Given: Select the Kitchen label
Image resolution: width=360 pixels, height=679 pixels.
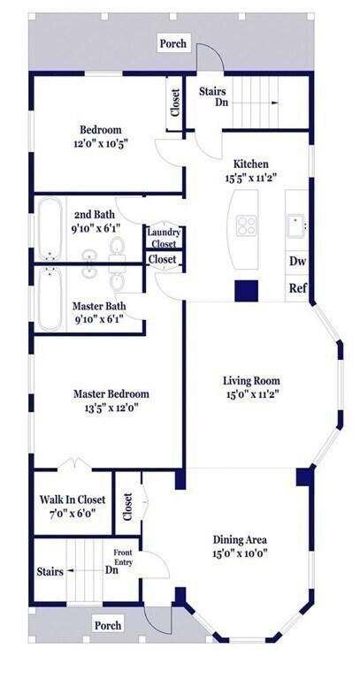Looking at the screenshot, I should point(250,164).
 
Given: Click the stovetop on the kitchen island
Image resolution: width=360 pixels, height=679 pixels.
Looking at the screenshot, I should point(244,225).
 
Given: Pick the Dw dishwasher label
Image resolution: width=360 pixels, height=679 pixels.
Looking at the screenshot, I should point(298,262).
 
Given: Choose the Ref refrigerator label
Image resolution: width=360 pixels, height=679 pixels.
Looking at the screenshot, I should point(298,288).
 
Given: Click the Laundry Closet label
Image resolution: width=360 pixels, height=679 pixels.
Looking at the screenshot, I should point(164,238).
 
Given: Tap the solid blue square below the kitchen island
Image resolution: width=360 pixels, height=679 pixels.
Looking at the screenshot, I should point(244,291).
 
